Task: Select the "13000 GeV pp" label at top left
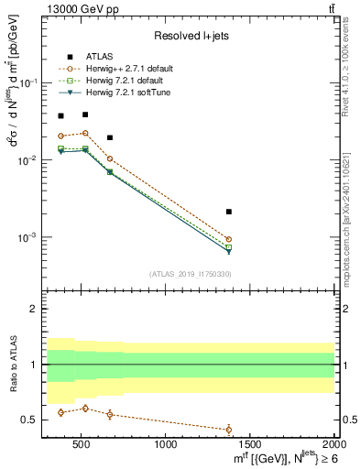73,8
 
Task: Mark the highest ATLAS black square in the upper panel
85,115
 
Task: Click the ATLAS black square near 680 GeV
110,137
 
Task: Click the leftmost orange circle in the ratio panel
60,412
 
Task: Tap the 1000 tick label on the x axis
166,445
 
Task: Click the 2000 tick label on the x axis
333,445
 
